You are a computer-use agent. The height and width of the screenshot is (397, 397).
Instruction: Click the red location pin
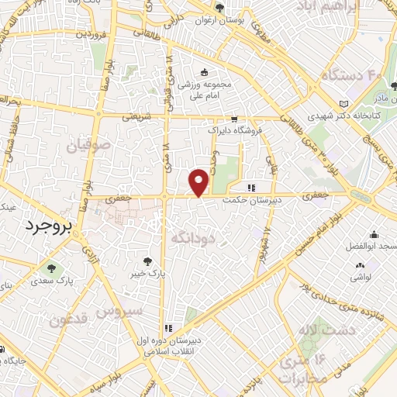click(x=199, y=181)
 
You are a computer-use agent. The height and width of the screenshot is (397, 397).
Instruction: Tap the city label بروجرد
click(x=44, y=226)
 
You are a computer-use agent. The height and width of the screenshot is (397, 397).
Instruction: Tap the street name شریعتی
click(x=137, y=117)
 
